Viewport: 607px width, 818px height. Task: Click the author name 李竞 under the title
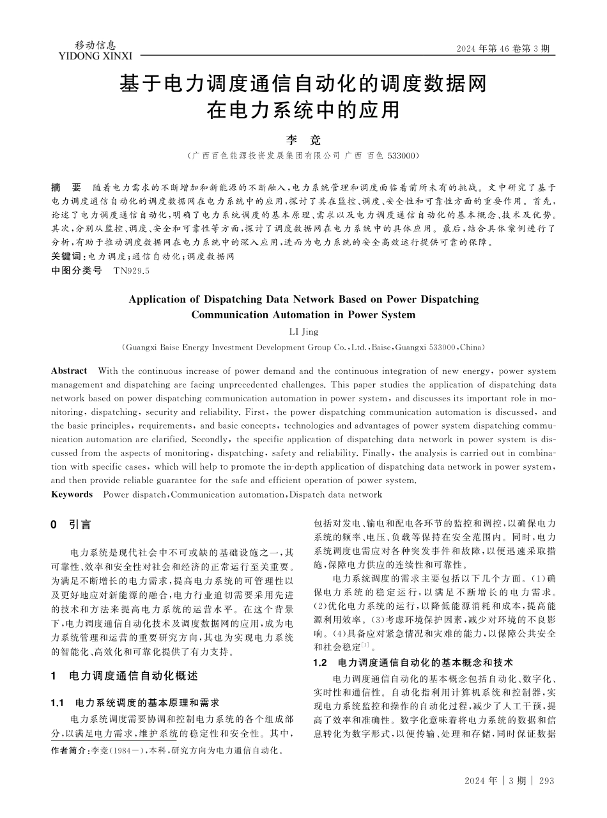303,139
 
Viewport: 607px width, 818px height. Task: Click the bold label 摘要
66,188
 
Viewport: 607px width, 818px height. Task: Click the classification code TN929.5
131,270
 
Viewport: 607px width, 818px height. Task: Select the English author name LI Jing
303,332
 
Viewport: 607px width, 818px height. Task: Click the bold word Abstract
69,371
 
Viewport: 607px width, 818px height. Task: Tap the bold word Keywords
72,494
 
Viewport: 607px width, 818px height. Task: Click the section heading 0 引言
71,525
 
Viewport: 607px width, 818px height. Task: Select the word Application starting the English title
158,299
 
